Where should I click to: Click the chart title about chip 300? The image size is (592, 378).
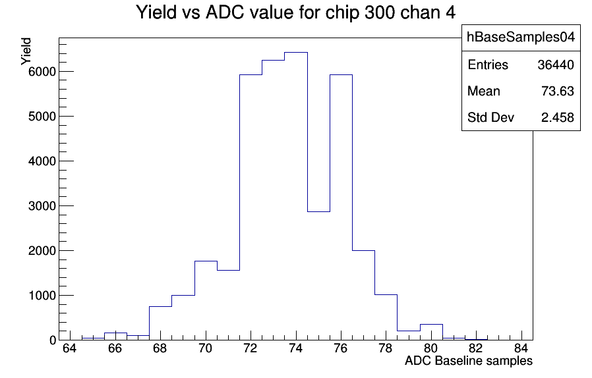295,13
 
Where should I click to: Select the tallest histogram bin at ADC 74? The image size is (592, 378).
296,196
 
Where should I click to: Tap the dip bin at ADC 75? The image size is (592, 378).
318,276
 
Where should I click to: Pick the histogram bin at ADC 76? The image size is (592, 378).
341,207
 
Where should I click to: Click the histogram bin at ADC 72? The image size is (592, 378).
251,207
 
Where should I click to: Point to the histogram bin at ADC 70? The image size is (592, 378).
206,300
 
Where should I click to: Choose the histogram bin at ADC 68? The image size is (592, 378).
160,323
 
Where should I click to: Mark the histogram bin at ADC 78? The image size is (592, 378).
386,317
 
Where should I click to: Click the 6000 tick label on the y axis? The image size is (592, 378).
42,72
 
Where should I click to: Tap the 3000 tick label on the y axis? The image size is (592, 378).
42,206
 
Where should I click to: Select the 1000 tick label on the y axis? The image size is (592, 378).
42,296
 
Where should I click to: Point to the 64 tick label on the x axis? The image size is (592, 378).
70,348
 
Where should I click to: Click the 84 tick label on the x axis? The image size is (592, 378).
521,348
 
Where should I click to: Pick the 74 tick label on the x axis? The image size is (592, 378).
295,348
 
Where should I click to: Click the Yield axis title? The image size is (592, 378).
26,51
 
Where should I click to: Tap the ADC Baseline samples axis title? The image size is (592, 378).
469,361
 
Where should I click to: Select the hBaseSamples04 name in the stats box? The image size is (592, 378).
521,37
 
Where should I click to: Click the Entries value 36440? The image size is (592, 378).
556,65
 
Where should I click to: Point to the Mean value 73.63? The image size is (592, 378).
558,92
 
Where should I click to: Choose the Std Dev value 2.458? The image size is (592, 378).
558,118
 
